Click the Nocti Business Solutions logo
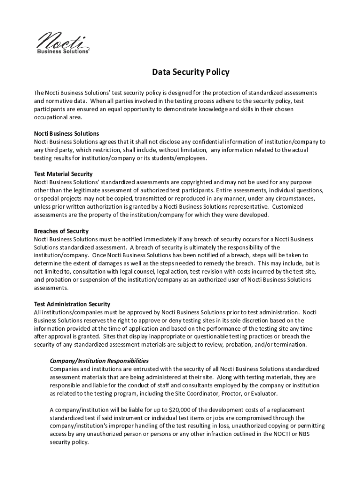tap(63, 42)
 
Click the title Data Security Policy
tap(190, 72)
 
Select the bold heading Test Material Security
tap(63, 174)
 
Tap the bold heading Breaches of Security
tap(61, 231)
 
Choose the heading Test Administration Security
tap(72, 304)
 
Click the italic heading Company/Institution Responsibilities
tap(99, 361)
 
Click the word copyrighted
tap(195, 182)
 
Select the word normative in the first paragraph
tap(56, 101)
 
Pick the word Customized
tap(290, 207)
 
